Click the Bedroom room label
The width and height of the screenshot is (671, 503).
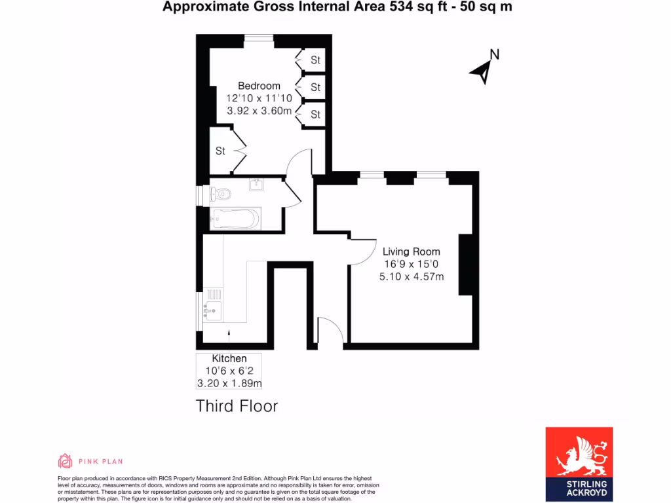259,86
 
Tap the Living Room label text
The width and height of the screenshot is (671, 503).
412,251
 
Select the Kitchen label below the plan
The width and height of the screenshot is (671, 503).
229,359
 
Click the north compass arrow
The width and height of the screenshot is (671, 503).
482,71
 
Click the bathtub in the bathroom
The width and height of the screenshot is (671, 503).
235,219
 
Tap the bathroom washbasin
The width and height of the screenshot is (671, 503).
256,184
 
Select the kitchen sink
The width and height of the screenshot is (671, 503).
213,311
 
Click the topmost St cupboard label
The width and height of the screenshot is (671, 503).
315,60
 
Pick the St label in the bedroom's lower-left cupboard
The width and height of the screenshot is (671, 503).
220,151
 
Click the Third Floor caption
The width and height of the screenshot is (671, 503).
237,406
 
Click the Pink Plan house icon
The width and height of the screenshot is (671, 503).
65,461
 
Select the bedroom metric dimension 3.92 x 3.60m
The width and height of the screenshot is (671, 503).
259,111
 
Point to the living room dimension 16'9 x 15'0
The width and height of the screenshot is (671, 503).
412,265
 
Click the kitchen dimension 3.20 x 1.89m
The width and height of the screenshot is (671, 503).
229,383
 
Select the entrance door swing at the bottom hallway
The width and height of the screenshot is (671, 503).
330,331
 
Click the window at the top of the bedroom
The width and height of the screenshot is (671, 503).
259,37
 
